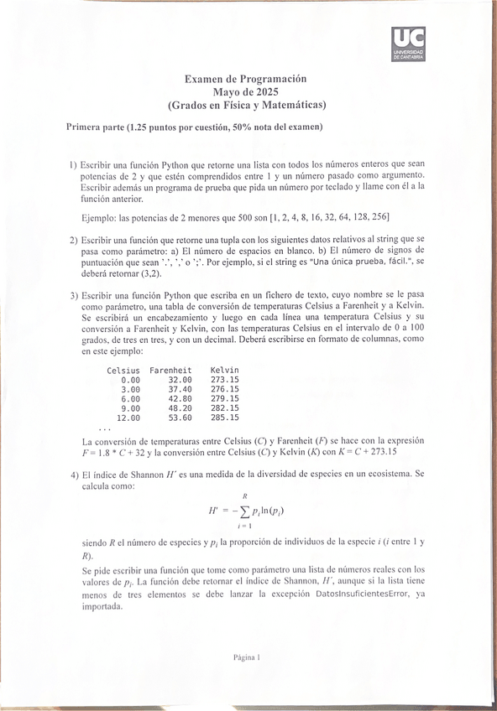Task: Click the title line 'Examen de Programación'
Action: coord(245,78)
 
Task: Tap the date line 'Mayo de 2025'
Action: coord(245,91)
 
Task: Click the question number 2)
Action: coord(73,239)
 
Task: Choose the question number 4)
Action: coord(73,474)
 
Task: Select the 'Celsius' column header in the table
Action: coord(123,371)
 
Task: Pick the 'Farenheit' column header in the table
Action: coord(170,371)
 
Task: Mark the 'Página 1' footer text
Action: coord(248,658)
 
